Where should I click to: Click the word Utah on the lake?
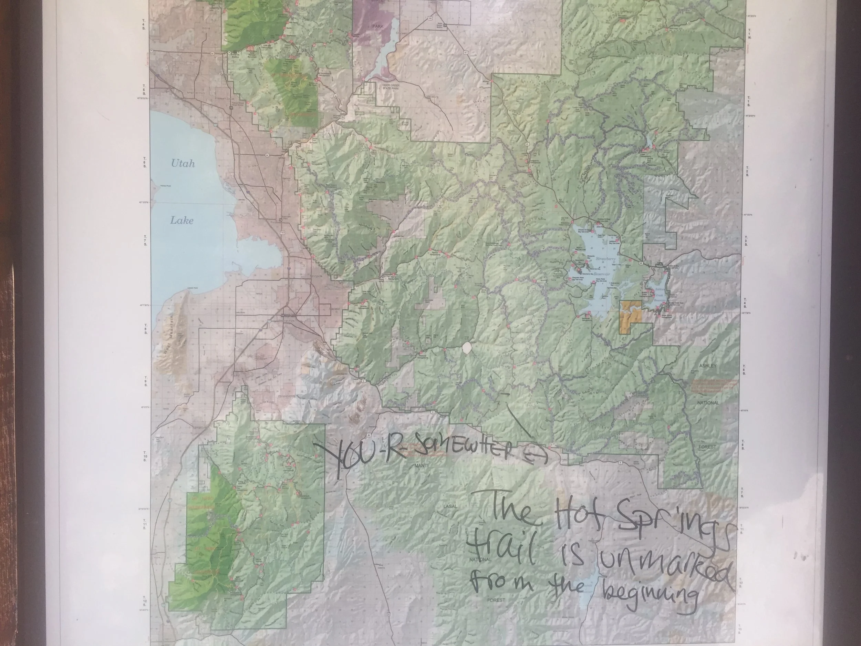(183, 164)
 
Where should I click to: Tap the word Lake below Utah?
(182, 221)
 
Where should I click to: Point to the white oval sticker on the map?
(467, 348)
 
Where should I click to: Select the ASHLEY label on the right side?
(707, 366)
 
